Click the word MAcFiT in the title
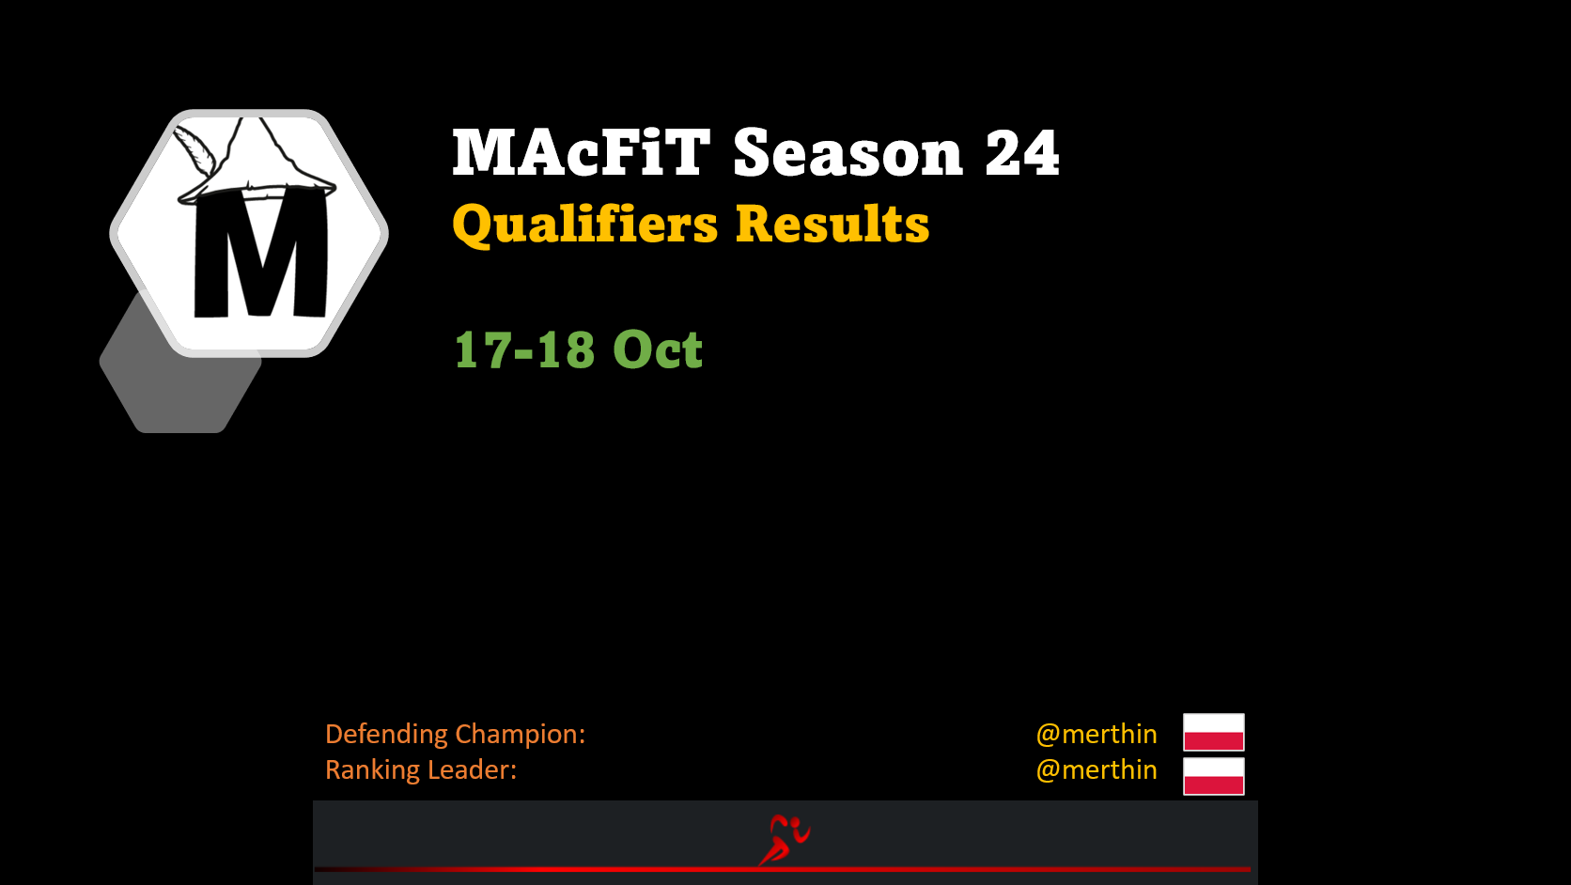(x=582, y=152)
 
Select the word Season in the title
(x=848, y=153)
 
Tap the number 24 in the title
(x=1022, y=153)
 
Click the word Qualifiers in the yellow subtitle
(x=585, y=225)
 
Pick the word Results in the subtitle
(x=832, y=225)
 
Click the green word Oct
(x=657, y=349)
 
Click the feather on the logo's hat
(x=194, y=149)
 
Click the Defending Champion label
(x=455, y=735)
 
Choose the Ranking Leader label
(x=421, y=770)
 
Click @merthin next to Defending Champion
(x=1097, y=735)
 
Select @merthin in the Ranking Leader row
(x=1097, y=770)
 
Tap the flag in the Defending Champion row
(x=1213, y=732)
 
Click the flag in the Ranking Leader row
(x=1213, y=776)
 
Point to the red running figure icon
(x=785, y=839)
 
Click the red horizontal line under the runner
(x=782, y=870)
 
